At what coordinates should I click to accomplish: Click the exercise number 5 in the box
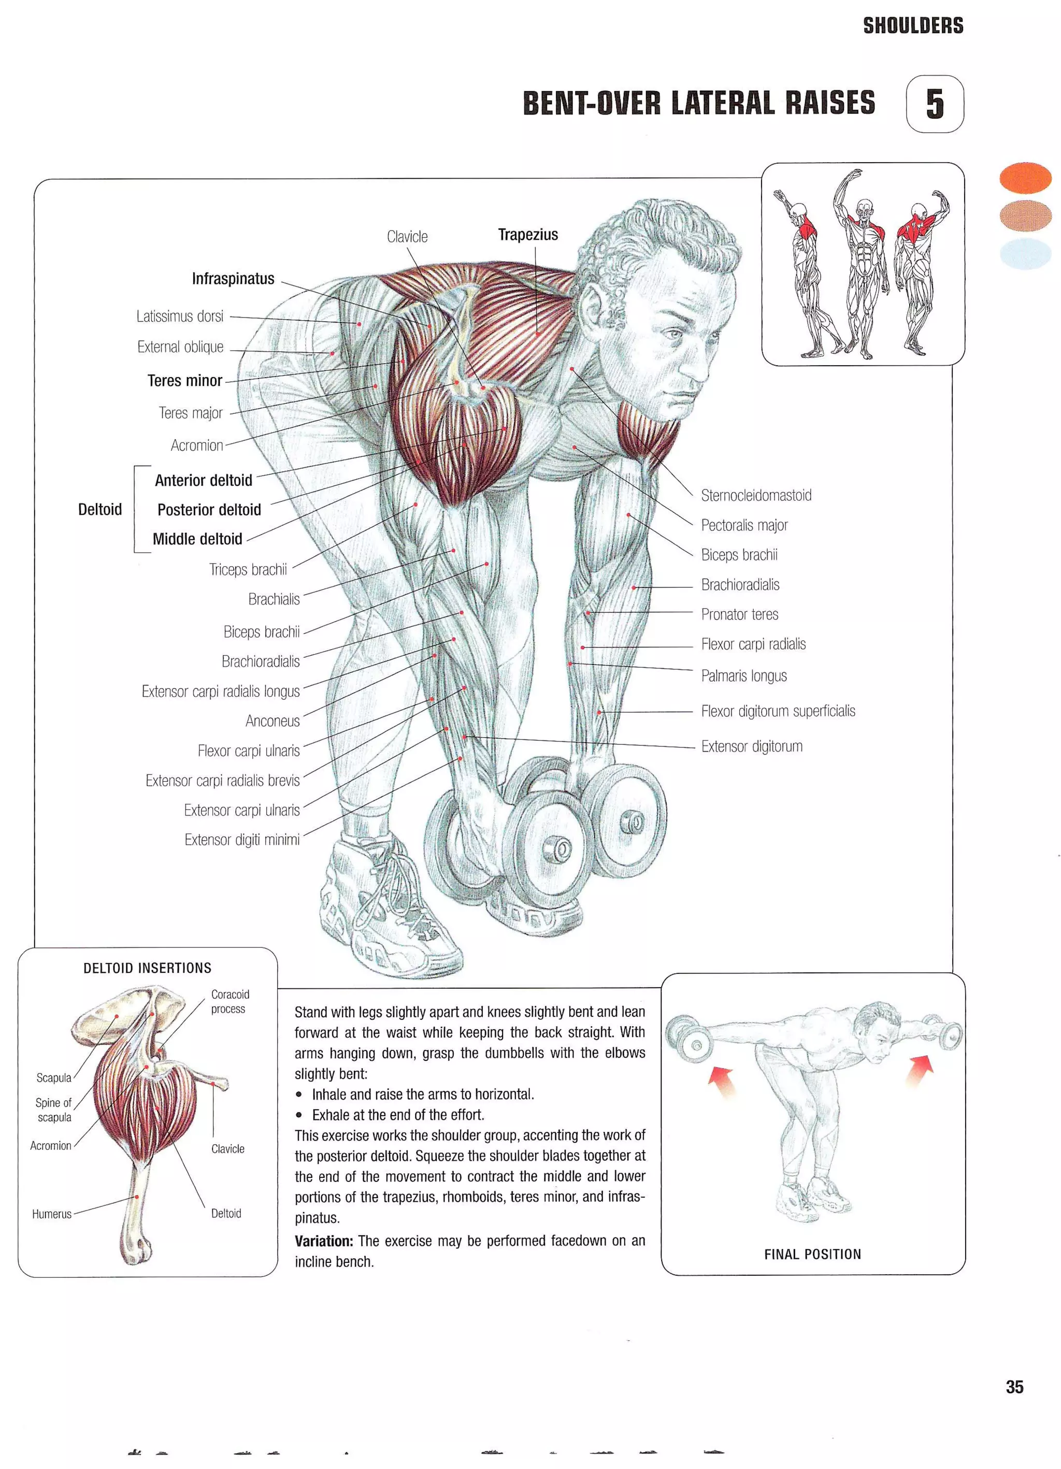tap(934, 104)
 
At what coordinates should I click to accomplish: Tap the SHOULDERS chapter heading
tap(913, 26)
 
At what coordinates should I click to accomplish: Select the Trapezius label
tap(527, 235)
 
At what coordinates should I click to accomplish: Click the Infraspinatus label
tap(233, 279)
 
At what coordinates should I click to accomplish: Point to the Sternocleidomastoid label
tap(756, 496)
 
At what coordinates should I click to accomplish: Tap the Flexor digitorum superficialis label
tap(778, 711)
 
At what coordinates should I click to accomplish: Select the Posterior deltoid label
tap(209, 510)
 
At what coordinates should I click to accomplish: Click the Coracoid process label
tap(230, 1001)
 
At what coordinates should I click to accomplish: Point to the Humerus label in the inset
tap(51, 1214)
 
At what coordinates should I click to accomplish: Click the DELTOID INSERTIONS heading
tap(147, 968)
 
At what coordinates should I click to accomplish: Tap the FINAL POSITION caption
tap(812, 1254)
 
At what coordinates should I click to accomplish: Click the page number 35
tap(1014, 1387)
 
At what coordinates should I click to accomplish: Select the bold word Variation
tap(323, 1241)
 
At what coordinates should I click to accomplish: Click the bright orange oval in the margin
tap(1025, 178)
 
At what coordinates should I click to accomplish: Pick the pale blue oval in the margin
tap(1025, 253)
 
